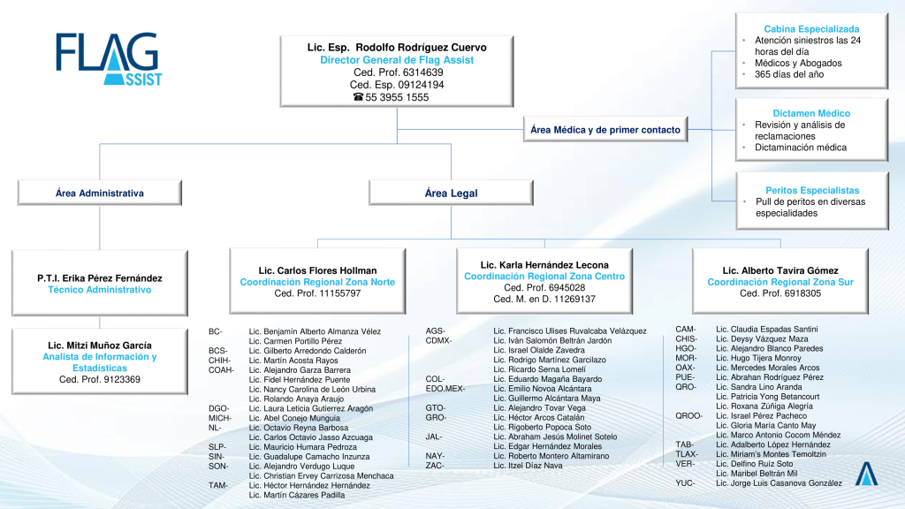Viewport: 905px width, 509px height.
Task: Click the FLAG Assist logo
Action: coord(109,59)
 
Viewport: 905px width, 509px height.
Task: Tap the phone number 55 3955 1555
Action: coord(397,97)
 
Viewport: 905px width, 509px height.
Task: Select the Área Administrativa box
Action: coord(100,193)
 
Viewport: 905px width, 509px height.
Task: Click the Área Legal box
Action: coord(451,193)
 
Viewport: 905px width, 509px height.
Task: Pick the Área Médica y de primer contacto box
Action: coord(605,130)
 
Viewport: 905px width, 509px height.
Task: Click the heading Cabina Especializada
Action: coord(811,29)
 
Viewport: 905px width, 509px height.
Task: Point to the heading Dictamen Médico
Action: coord(811,114)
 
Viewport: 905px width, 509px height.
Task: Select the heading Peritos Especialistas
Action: coord(812,191)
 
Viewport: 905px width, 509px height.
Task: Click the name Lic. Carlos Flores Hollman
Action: coord(317,270)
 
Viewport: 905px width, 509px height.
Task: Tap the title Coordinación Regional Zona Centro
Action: coord(544,277)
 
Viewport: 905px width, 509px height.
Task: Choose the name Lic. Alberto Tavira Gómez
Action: coord(780,270)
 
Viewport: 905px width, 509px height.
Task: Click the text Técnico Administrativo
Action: coord(100,290)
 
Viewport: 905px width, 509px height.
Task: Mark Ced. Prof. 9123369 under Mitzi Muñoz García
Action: coord(100,380)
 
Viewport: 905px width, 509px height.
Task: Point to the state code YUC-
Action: coord(685,483)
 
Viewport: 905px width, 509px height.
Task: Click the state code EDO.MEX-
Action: coord(445,389)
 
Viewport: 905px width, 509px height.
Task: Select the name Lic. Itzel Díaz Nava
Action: coord(528,466)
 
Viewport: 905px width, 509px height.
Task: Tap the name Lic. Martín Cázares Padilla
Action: coord(297,495)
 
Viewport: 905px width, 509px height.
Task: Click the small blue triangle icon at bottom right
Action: coord(866,474)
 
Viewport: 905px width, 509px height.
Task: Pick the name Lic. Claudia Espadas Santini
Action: coord(766,330)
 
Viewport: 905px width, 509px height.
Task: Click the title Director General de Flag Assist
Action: coord(397,60)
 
